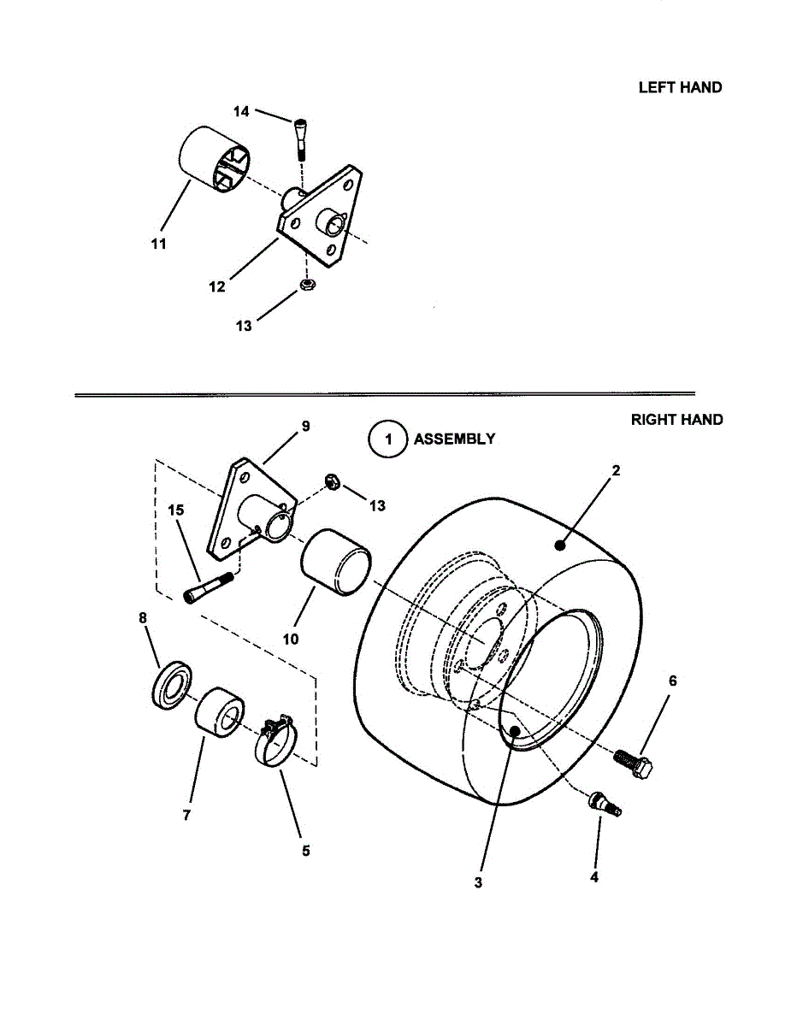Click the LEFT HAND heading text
pos(680,87)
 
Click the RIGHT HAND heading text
pos(676,420)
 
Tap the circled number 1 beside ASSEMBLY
pos(388,439)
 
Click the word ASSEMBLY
pos(454,439)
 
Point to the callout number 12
pos(217,287)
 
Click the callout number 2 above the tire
pos(616,470)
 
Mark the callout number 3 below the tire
pos(478,882)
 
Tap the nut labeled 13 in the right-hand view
pos(334,483)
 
